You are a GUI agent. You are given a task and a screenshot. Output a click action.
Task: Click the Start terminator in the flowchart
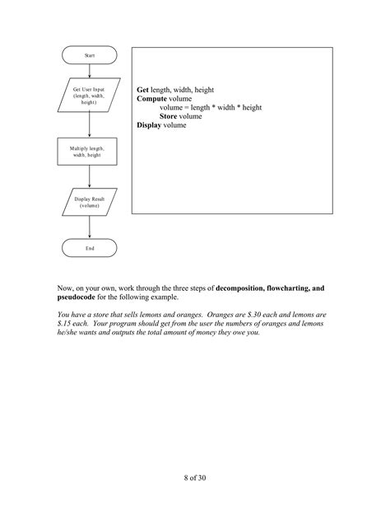click(x=90, y=55)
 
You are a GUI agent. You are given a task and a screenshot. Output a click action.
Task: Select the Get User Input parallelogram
click(x=90, y=96)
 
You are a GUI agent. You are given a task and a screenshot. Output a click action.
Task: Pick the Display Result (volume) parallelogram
click(x=90, y=203)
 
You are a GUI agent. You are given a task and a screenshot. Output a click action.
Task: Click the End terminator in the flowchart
click(x=90, y=248)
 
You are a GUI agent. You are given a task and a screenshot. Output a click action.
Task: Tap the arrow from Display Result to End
click(x=90, y=227)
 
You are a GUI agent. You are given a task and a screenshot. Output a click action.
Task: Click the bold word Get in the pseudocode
click(x=142, y=88)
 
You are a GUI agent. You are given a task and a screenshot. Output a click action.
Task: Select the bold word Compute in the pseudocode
click(x=152, y=98)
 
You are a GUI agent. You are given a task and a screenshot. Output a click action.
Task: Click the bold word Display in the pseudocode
click(x=150, y=125)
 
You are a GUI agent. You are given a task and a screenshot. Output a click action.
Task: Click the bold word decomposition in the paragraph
click(x=244, y=289)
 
